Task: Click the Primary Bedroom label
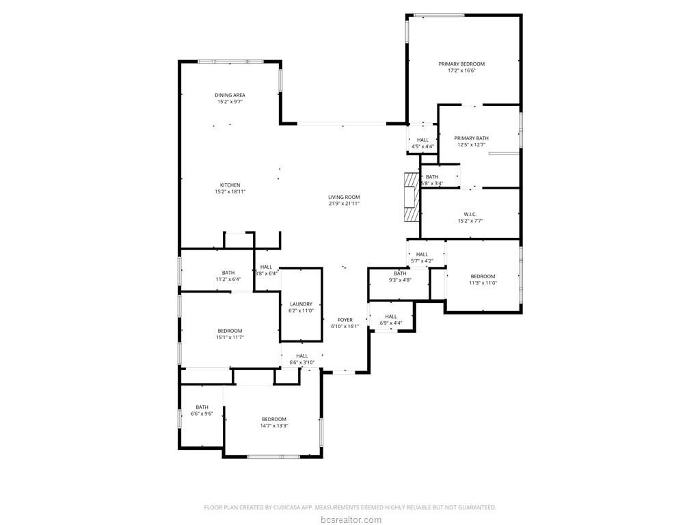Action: [461, 64]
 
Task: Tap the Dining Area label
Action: [230, 95]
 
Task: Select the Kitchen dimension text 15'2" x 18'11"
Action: [230, 191]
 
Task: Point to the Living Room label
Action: [344, 197]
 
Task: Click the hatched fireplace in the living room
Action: [412, 197]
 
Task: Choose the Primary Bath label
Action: [472, 138]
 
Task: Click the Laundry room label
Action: [301, 304]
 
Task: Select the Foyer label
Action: [345, 320]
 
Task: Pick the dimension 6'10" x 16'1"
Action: [345, 326]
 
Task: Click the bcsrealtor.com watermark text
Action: [351, 520]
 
